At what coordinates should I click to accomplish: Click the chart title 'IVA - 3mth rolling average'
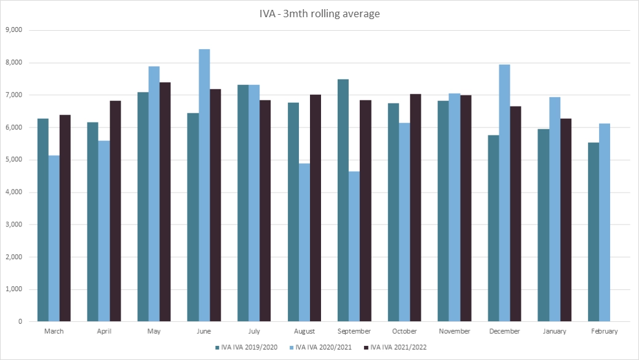point(319,14)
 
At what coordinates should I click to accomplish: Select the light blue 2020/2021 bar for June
point(204,185)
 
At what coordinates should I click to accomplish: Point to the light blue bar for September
point(354,246)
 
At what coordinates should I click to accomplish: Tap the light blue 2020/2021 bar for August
point(304,242)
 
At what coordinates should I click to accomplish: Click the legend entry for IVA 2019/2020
point(246,348)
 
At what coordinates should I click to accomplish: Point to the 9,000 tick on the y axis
point(14,30)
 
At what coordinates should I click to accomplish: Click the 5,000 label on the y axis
point(14,160)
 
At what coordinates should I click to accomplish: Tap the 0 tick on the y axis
point(20,322)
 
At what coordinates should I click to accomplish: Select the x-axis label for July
point(254,331)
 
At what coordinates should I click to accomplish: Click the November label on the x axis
point(454,331)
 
